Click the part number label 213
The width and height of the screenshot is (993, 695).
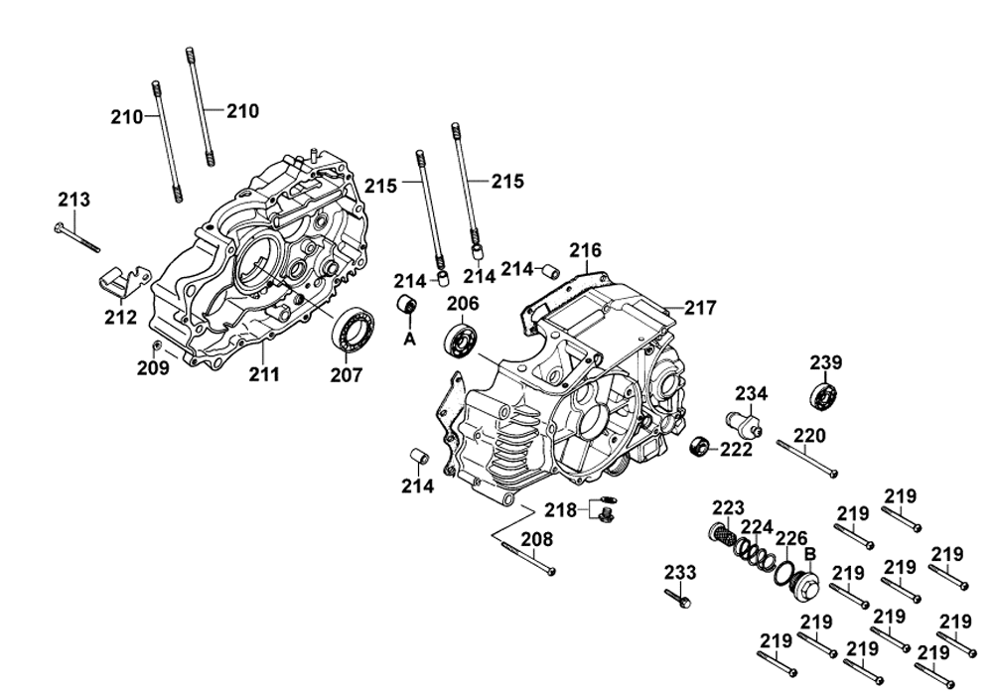coord(73,200)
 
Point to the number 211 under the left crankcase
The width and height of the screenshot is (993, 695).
coord(264,374)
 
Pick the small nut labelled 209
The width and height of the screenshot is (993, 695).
coord(158,345)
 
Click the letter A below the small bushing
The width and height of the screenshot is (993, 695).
coord(407,339)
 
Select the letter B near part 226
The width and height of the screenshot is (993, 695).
coord(809,554)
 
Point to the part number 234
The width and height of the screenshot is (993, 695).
coord(751,394)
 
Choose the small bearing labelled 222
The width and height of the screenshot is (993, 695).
coord(701,446)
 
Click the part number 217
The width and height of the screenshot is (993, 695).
coord(700,309)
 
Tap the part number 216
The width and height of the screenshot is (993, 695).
coord(586,250)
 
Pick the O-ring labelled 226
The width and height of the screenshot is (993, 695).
coord(784,573)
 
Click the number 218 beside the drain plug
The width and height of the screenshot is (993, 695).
coord(560,509)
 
